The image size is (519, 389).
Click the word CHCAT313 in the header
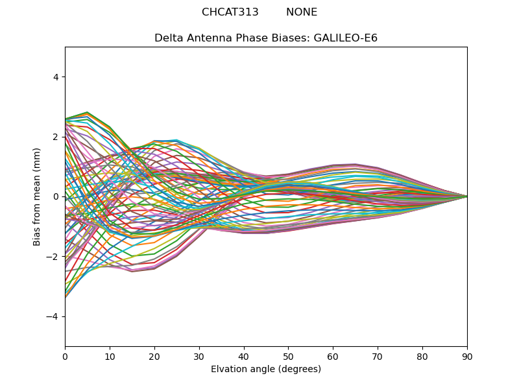(x=230, y=12)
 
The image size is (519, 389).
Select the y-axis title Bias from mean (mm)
(x=38, y=196)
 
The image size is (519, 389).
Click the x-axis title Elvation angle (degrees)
(x=266, y=370)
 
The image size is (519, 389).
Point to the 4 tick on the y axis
(x=55, y=77)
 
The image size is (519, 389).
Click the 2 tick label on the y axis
(x=55, y=137)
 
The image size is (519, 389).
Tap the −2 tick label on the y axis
(x=53, y=257)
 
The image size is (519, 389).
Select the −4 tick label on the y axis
(x=53, y=316)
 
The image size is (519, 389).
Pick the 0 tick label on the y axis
(x=55, y=196)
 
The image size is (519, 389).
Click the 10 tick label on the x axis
(x=110, y=356)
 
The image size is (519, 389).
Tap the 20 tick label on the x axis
(x=154, y=356)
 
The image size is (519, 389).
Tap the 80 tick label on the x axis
(x=422, y=356)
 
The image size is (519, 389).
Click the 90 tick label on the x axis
(x=467, y=356)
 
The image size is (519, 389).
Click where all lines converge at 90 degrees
(x=466, y=196)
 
